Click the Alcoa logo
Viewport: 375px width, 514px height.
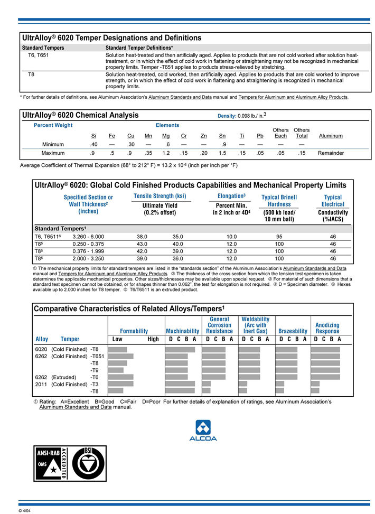click(x=203, y=430)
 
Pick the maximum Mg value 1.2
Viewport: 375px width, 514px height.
click(x=166, y=153)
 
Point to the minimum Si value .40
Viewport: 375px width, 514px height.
click(x=93, y=144)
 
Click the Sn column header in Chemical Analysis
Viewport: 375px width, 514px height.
click(x=222, y=136)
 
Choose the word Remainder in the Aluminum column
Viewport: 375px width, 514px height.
click(x=331, y=153)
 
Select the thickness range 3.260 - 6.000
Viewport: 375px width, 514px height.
click(x=88, y=237)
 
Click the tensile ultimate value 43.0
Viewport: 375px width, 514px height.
click(x=142, y=244)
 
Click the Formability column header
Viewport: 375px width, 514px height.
click(x=134, y=331)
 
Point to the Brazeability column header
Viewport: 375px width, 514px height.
click(x=293, y=331)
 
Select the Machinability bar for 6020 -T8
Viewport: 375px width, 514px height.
click(x=180, y=349)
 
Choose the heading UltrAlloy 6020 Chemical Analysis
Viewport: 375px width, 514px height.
click(x=80, y=115)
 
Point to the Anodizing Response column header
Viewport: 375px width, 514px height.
click(x=327, y=328)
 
